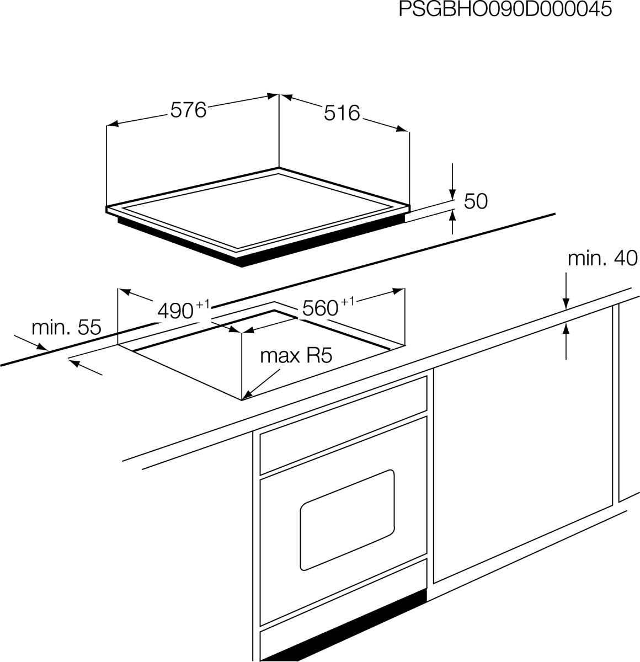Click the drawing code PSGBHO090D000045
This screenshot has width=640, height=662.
click(505, 9)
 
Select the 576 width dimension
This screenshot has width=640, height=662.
click(188, 110)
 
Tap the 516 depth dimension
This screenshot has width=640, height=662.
click(342, 113)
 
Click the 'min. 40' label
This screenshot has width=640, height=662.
click(602, 258)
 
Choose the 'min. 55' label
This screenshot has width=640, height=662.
click(66, 327)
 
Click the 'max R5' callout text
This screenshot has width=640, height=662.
click(296, 356)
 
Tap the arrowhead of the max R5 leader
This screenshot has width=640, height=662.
click(246, 396)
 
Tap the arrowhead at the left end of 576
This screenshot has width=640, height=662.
click(113, 124)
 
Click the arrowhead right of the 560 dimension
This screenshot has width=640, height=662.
click(398, 291)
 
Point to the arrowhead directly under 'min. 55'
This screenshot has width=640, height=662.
click(42, 346)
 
